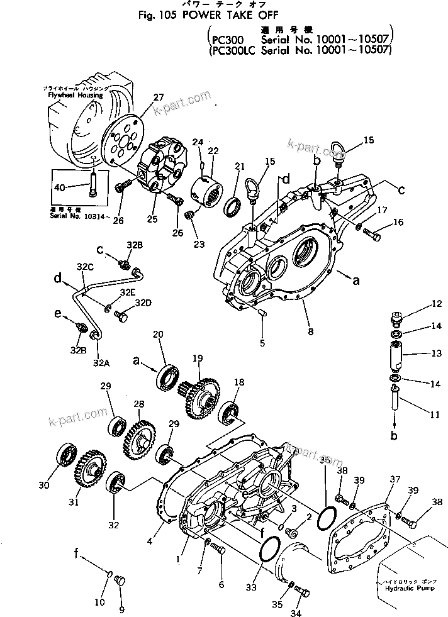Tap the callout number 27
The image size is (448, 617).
[157, 97]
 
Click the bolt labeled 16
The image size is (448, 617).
[371, 236]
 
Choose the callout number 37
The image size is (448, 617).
[394, 480]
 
